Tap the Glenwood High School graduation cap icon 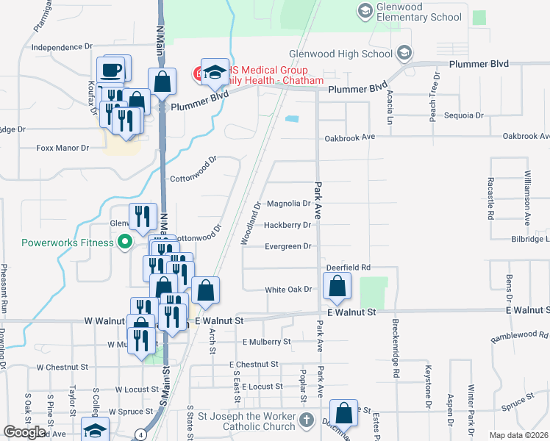403,53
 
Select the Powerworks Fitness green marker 124,241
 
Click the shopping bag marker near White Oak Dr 337,288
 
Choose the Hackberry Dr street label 287,225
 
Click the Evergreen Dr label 288,246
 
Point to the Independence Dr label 62,47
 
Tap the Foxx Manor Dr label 63,148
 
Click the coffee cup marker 111,70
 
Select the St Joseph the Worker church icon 307,422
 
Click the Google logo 24,432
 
